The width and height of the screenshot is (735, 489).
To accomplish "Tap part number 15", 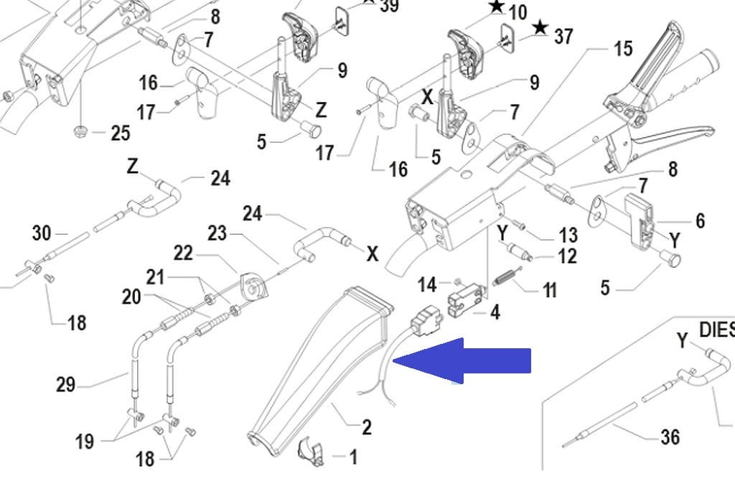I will [622, 49].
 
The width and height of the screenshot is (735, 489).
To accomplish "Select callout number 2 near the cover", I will [367, 428].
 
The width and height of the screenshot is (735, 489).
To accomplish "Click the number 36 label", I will [669, 437].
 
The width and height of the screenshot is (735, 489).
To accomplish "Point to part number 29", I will [66, 385].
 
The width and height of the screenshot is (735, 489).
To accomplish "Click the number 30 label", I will [42, 233].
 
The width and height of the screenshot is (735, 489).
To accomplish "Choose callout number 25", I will [120, 134].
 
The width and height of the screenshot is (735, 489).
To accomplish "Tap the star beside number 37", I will [540, 29].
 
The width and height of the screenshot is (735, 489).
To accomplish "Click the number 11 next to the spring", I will [549, 291].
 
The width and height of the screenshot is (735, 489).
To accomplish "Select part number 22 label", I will [183, 253].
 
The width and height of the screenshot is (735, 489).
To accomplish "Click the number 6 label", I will [700, 221].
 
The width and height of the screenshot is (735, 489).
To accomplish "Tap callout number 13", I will [568, 235].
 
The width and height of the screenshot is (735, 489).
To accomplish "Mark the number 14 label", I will [427, 285].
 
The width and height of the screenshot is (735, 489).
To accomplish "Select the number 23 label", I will [217, 233].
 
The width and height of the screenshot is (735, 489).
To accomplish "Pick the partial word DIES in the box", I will [716, 330].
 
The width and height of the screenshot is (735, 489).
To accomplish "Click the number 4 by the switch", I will [495, 312].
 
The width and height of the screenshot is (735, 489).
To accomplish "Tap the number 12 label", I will [567, 256].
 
